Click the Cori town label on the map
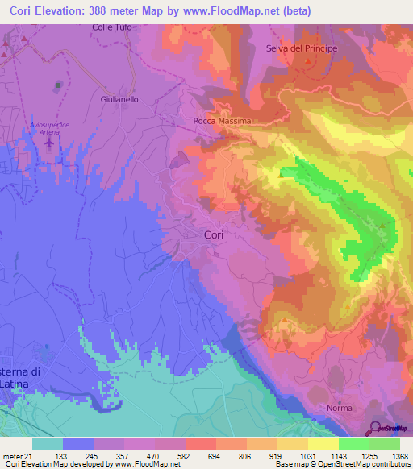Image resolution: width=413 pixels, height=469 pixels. coord(213,234)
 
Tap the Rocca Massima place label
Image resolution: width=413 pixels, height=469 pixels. coord(223,121)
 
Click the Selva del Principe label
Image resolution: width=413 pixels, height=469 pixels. coord(301,48)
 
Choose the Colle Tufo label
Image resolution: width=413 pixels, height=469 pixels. coord(111,27)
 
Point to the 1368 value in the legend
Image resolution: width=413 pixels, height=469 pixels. coord(398,456)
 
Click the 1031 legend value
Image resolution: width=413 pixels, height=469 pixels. coord(307,456)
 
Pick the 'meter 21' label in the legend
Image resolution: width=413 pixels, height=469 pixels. coord(15,456)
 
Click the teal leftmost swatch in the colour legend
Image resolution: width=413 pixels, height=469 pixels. coord(47,444)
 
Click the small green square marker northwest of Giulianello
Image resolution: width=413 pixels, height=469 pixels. coord(57,85)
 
